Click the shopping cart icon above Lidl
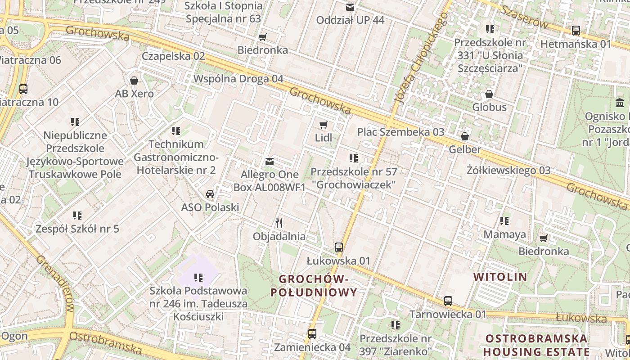click(323, 125)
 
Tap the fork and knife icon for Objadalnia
click(279, 223)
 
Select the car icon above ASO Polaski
click(210, 194)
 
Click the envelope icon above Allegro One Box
click(270, 161)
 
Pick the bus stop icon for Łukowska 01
click(339, 247)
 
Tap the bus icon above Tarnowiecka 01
click(448, 301)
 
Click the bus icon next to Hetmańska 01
click(576, 31)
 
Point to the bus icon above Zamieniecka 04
click(312, 333)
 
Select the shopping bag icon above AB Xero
click(134, 81)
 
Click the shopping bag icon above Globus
click(489, 94)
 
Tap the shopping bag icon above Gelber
click(464, 136)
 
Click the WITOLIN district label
click(500, 277)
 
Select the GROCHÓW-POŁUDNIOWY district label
click(314, 286)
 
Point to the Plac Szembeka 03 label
click(400, 132)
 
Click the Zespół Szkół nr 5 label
click(77, 229)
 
